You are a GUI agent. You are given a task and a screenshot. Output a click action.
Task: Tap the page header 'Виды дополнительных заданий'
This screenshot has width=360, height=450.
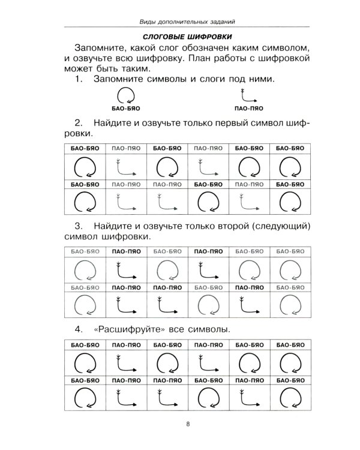click(x=186, y=22)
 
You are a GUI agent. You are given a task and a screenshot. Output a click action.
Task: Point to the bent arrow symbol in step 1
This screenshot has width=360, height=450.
click(x=246, y=95)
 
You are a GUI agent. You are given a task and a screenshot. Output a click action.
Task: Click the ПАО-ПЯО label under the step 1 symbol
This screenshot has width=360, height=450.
click(x=246, y=109)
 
